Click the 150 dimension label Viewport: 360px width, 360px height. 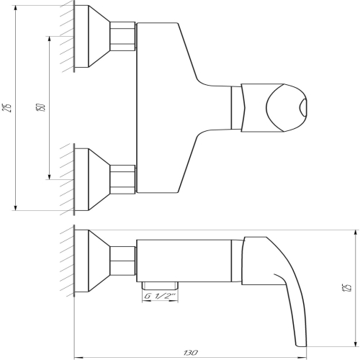pyautogui.click(x=40, y=107)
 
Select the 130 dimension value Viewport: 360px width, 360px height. pyautogui.click(x=191, y=353)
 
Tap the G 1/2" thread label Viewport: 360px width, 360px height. pyautogui.click(x=160, y=297)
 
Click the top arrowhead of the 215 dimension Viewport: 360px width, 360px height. pyautogui.click(x=16, y=8)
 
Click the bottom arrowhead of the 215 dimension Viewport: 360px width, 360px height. pyautogui.click(x=16, y=208)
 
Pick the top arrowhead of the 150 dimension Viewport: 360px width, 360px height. pyautogui.click(x=50, y=39)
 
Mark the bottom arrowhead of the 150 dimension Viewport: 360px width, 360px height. pyautogui.click(x=50, y=176)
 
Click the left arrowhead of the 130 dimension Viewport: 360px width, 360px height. pyautogui.click(x=77, y=357)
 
